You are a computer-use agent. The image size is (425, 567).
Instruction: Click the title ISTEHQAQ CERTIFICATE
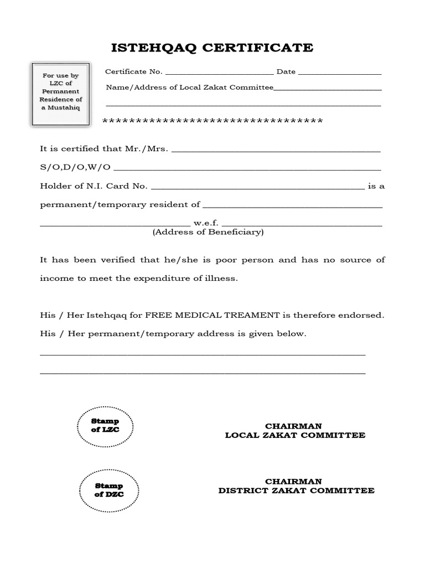coord(212,48)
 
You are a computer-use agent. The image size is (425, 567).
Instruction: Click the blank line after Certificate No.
coord(219,73)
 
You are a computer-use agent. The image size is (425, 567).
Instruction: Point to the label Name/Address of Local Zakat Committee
coord(189,87)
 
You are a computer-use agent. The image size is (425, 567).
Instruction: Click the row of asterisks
coord(213,121)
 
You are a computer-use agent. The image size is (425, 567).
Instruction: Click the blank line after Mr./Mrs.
coord(277,151)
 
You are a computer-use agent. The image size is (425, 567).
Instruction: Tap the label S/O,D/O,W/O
coord(75,167)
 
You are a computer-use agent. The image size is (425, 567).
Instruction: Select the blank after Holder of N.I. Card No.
coord(257,188)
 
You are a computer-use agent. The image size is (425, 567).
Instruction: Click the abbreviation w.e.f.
coord(206,223)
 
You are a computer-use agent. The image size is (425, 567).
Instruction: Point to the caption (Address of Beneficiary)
coord(208,233)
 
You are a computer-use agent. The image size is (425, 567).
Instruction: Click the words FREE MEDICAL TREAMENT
coord(213,315)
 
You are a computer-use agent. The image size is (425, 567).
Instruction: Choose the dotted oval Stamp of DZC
coord(108,490)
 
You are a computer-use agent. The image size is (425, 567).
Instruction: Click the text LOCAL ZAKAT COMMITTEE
coord(295,435)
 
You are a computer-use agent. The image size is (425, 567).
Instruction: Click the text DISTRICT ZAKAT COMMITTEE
coord(296,491)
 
